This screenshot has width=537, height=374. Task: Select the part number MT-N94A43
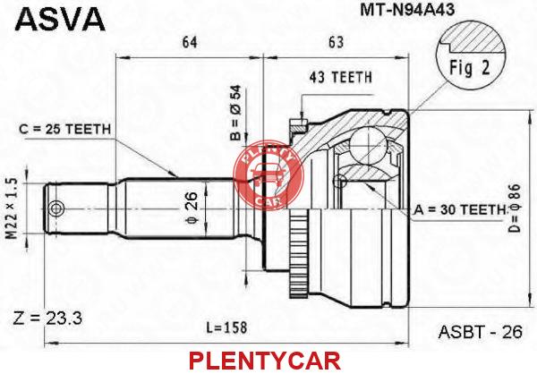pos(407,10)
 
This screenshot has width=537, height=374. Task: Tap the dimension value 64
pos(190,42)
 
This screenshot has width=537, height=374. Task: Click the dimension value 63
pos(336,42)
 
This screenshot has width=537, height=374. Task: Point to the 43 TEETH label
pos(340,78)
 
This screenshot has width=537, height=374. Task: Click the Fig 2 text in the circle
pos(470,67)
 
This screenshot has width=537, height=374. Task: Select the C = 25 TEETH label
pos(65,129)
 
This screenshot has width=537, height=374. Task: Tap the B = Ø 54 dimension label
pos(236,113)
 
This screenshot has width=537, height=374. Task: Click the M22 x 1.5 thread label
pos(13,208)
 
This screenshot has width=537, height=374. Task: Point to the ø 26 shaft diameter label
pos(192,208)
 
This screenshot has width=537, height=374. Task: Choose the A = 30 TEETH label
pos(460,209)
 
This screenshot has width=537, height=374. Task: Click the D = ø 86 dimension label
pos(514,208)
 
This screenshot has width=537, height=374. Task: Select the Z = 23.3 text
pos(47,319)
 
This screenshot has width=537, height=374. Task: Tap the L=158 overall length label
pos(226,327)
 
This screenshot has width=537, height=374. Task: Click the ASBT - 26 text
pos(481,331)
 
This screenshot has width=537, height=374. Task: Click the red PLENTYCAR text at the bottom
pos(265,361)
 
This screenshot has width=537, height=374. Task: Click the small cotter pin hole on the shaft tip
pos(55,208)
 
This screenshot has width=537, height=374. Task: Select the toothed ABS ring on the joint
pos(299,253)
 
